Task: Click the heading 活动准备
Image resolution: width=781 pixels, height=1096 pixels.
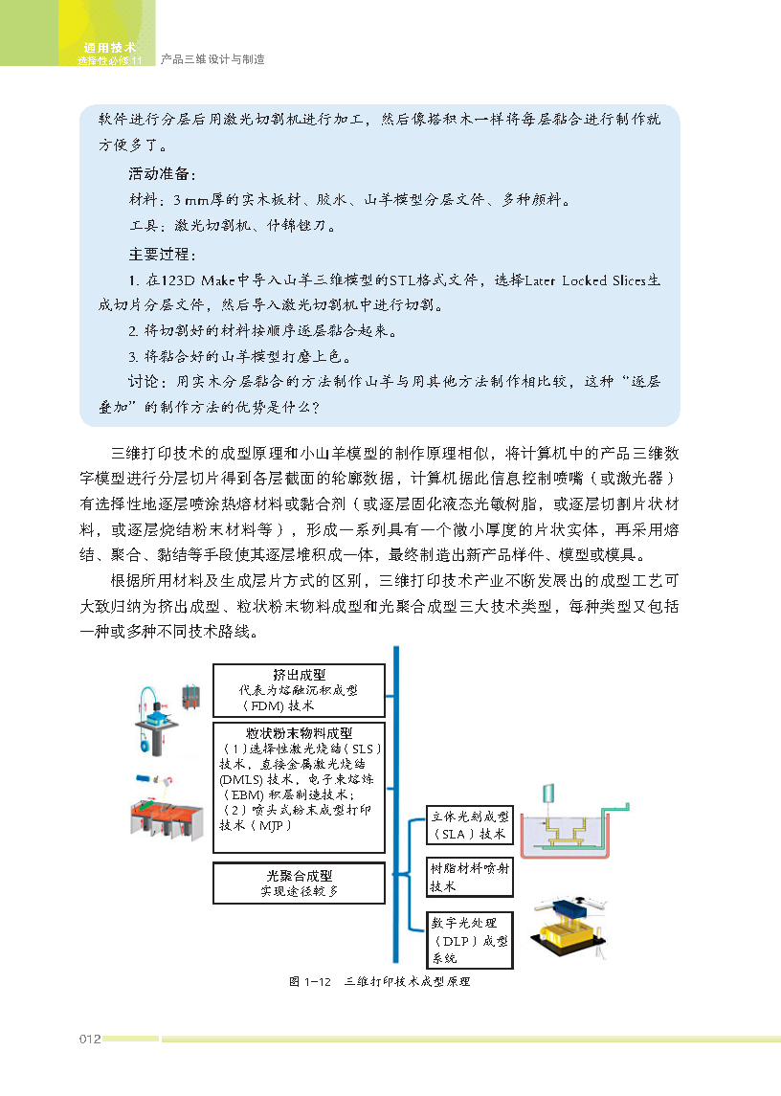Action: [x=162, y=176]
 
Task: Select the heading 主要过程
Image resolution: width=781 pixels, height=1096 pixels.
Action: [x=162, y=256]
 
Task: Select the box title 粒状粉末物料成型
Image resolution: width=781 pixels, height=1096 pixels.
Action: [x=299, y=732]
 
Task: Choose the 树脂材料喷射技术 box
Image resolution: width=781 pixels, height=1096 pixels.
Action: [x=469, y=877]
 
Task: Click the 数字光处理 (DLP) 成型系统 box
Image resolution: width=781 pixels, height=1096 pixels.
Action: [x=469, y=938]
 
